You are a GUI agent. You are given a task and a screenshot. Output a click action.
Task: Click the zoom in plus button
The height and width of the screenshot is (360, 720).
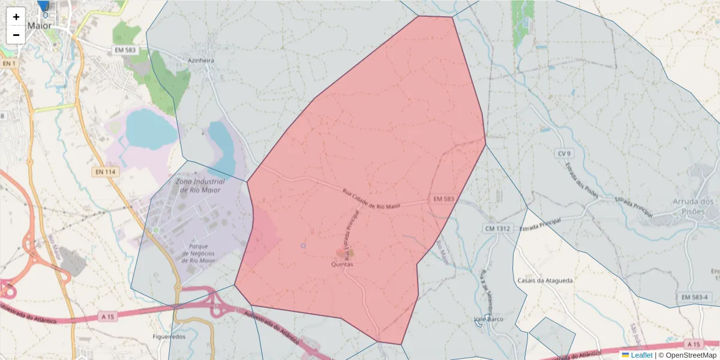[16, 17]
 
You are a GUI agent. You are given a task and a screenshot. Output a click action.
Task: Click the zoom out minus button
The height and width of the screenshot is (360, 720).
[16, 35]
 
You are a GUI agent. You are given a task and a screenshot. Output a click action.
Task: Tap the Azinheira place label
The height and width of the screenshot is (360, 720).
[200, 61]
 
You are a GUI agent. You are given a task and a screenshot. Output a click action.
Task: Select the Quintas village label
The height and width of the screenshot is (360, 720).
[342, 264]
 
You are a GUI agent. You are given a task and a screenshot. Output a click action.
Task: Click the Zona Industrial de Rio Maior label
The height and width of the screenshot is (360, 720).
[200, 185]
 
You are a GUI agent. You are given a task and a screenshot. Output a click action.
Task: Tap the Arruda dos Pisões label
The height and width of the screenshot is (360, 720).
[693, 206]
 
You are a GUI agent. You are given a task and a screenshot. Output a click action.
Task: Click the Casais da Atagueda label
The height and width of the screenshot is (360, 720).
[545, 280]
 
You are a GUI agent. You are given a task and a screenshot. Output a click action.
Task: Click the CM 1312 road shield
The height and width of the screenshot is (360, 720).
[497, 229]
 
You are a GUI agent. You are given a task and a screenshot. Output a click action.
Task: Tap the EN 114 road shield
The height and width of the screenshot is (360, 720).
[106, 172]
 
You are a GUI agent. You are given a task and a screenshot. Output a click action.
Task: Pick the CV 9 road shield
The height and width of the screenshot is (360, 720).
[563, 154]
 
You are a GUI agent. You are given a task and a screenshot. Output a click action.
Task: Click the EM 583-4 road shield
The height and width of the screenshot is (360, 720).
[695, 298]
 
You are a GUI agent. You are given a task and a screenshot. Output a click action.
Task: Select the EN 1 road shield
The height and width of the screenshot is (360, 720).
[8, 64]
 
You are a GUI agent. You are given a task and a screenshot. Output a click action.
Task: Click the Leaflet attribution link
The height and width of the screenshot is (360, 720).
[641, 355]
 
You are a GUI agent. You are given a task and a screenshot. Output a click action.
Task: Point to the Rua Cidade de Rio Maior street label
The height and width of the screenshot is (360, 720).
[371, 199]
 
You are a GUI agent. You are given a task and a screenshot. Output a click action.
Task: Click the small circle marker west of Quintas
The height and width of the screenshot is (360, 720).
[303, 246]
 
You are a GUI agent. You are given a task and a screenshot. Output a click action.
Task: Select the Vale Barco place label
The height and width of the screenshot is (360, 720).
[488, 319]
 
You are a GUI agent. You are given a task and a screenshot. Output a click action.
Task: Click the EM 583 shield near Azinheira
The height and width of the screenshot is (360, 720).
[126, 50]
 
